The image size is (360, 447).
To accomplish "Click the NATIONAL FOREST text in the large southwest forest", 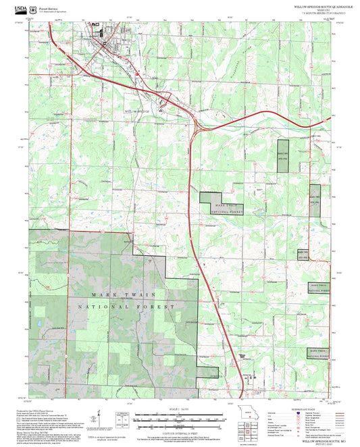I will (x=126, y=307).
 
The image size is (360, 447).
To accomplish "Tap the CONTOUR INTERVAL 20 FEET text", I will (x=180, y=433).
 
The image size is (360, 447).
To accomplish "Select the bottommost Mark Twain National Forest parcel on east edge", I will (x=318, y=353).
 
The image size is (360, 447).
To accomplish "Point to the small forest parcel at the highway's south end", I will (x=213, y=374).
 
